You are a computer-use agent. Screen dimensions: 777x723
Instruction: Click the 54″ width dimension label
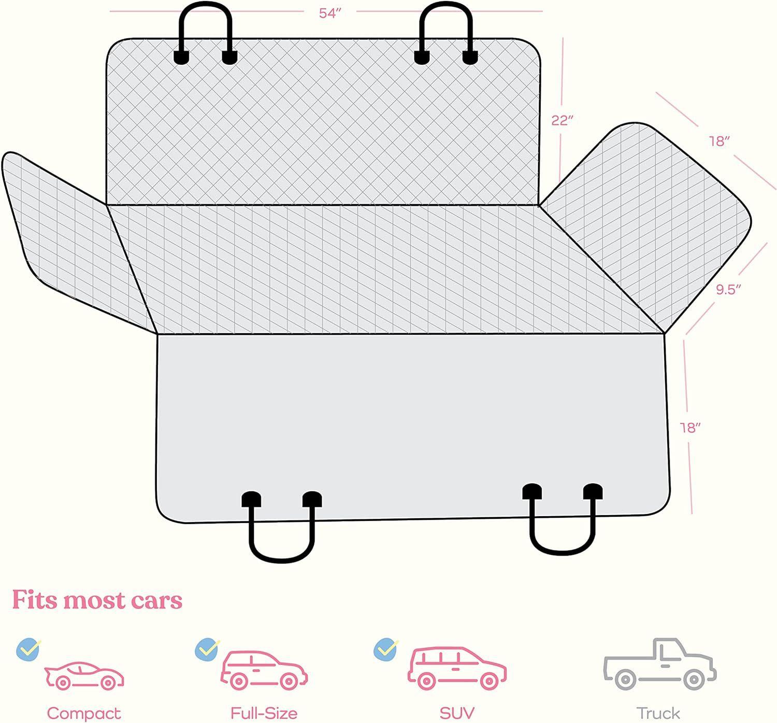[330, 13]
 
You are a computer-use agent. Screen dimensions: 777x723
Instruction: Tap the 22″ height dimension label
[562, 120]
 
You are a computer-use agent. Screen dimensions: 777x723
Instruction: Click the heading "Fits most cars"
[97, 600]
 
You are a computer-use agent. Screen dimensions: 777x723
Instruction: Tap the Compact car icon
[84, 675]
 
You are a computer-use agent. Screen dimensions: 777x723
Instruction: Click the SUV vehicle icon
[456, 668]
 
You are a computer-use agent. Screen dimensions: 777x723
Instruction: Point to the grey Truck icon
[659, 664]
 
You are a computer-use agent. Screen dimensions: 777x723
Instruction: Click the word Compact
[83, 713]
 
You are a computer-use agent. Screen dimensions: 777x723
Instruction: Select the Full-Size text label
[264, 713]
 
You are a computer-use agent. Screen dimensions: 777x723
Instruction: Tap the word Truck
[658, 713]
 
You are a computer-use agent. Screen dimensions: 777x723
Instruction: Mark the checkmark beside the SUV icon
[386, 649]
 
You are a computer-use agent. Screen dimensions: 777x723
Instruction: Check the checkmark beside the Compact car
[28, 649]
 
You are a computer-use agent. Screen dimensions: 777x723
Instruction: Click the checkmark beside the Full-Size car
[207, 649]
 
